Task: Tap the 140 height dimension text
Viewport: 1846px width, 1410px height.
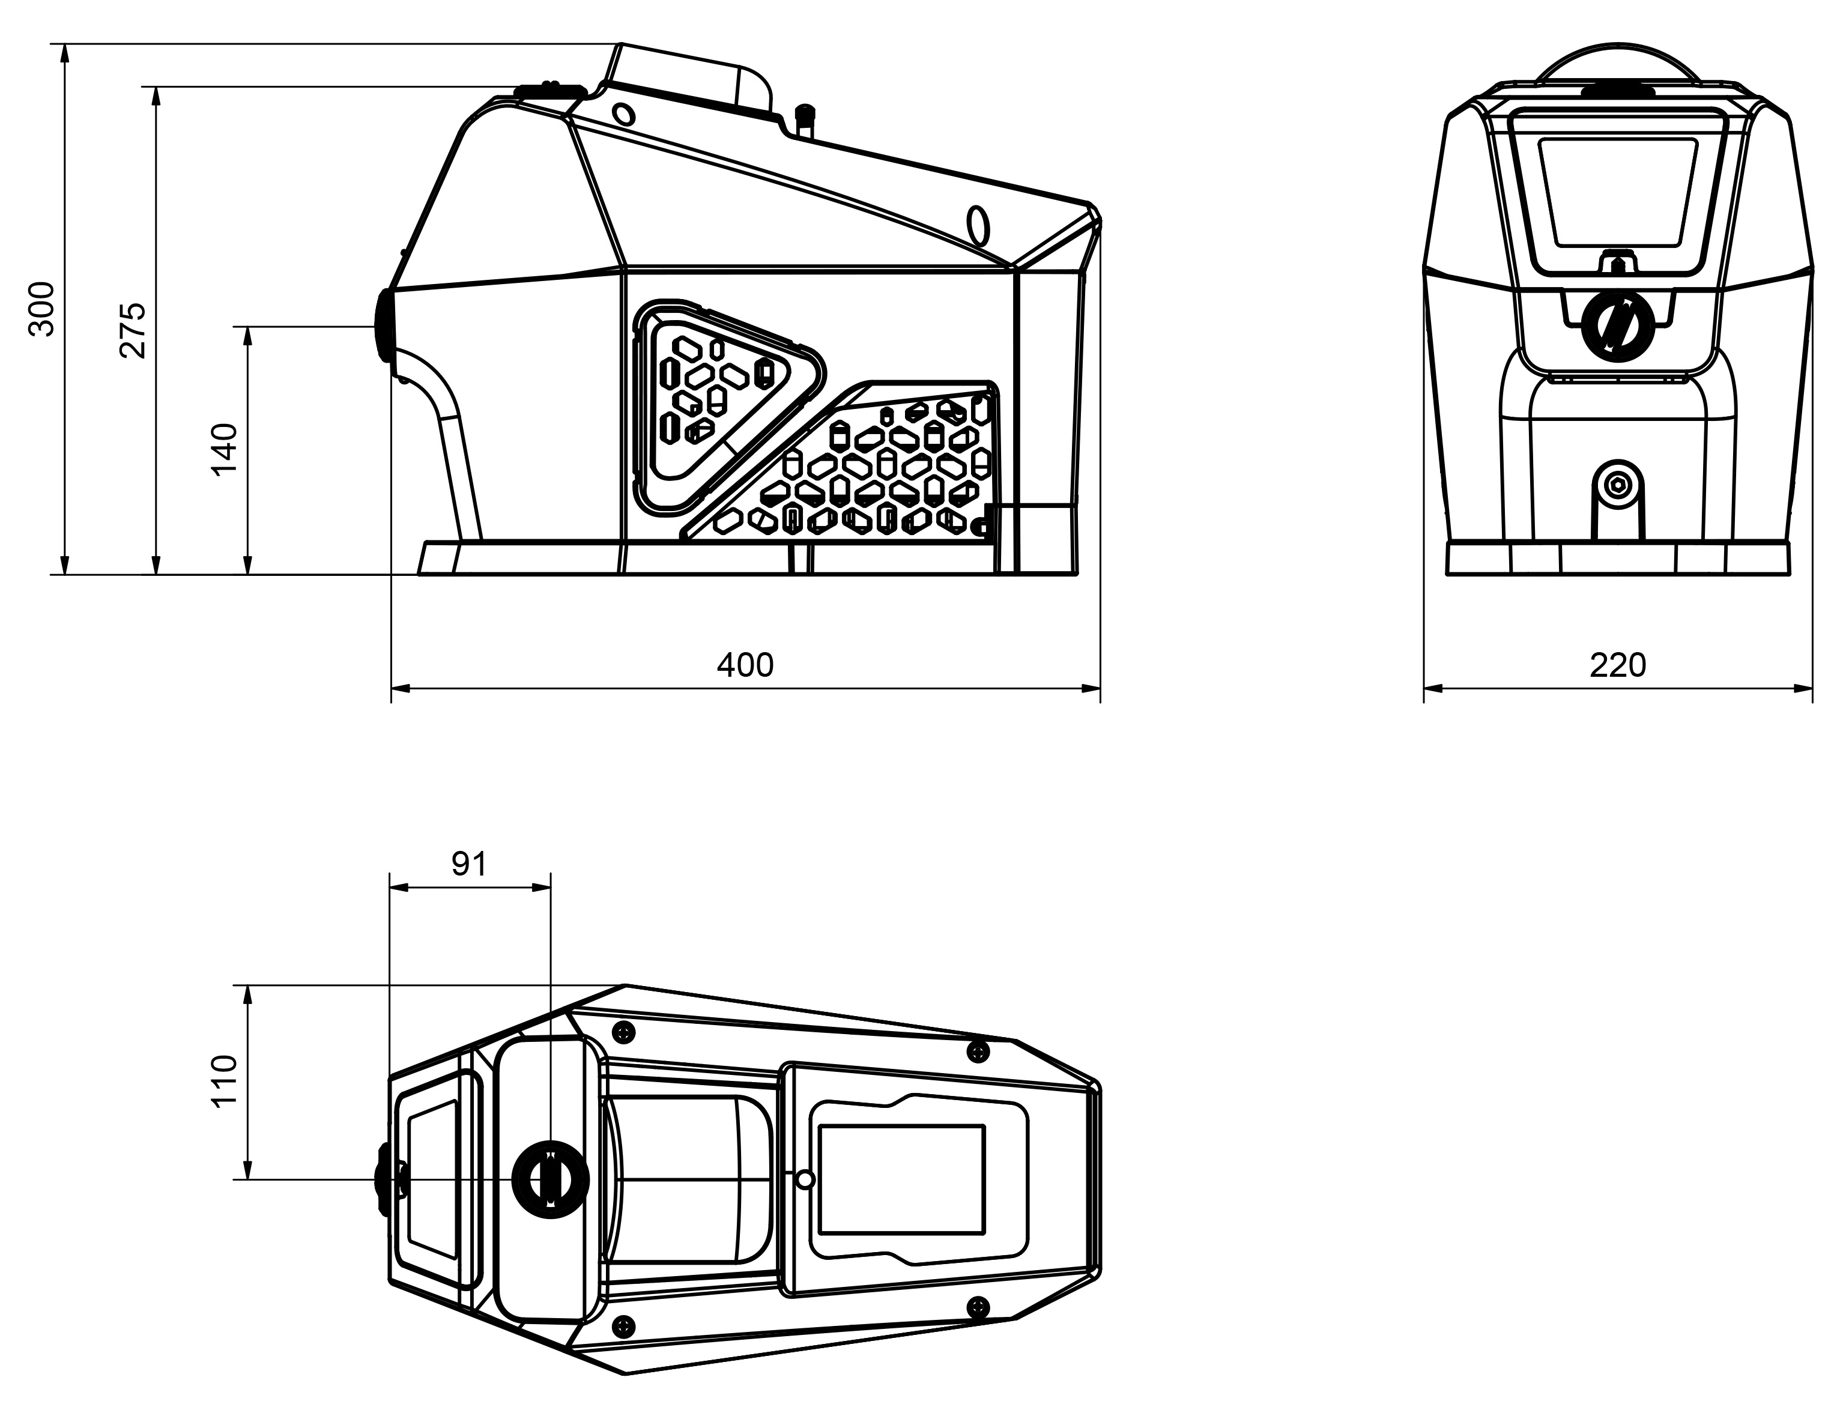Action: click(225, 450)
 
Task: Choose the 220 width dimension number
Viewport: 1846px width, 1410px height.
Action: click(1617, 665)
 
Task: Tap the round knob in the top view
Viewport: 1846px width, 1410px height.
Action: click(549, 1179)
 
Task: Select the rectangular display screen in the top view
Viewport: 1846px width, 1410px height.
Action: click(901, 1179)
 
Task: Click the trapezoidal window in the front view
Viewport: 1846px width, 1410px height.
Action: click(1617, 193)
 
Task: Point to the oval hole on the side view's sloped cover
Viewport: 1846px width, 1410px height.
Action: click(978, 225)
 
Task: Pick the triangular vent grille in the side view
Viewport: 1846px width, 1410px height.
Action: click(718, 403)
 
